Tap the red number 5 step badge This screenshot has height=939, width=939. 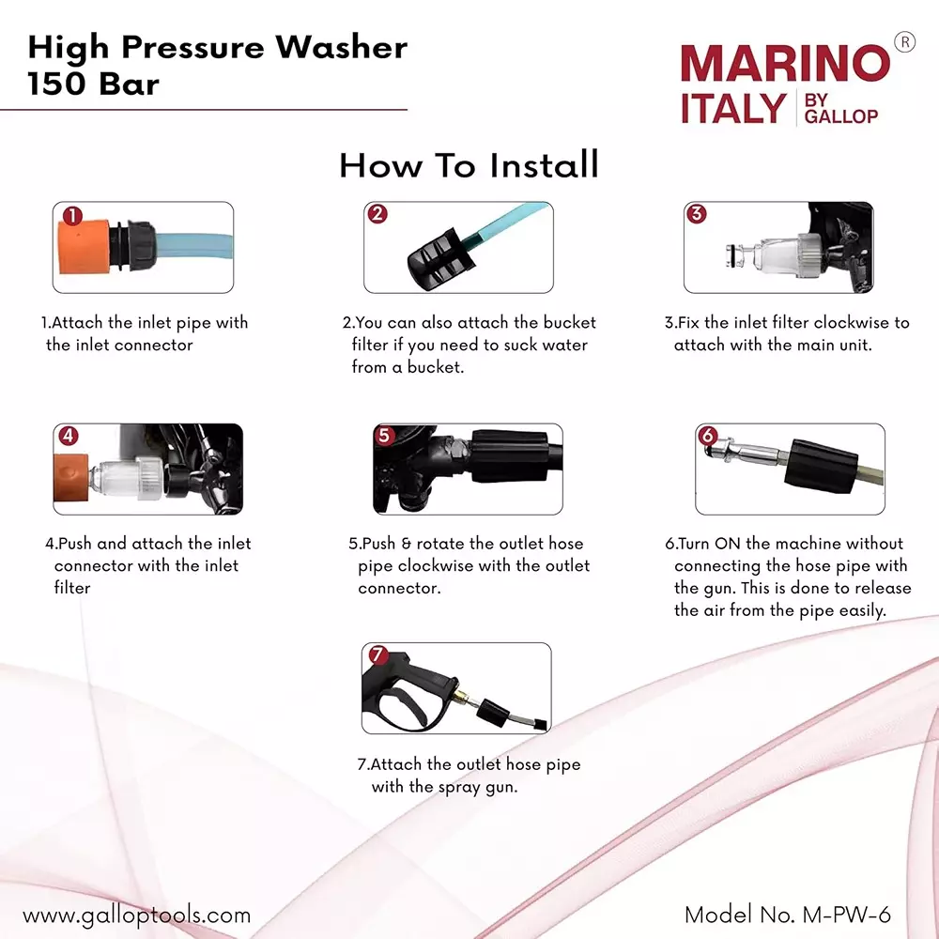coord(384,436)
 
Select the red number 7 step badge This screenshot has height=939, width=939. coord(376,654)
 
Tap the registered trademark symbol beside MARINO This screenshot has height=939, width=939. coord(903,42)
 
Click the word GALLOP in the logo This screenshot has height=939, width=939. coord(841,116)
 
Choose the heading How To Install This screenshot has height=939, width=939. coord(469,165)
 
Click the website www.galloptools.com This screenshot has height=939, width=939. coord(136,915)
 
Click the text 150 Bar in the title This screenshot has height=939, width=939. coord(93,84)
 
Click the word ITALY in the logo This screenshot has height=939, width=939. coord(732,109)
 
